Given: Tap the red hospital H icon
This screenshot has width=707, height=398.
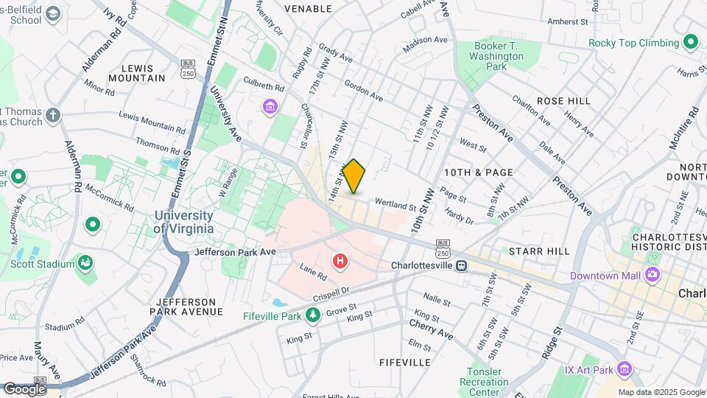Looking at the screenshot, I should pyautogui.click(x=340, y=261).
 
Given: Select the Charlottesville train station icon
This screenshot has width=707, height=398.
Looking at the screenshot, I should pyautogui.click(x=461, y=265).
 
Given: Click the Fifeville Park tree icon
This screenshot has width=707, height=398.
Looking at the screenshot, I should pyautogui.click(x=313, y=315).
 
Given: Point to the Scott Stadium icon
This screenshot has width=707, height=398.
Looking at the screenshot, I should pyautogui.click(x=86, y=264).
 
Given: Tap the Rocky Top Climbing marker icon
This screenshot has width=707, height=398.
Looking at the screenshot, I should pyautogui.click(x=690, y=42).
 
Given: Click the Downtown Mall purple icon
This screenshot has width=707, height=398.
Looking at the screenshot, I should pyautogui.click(x=652, y=276).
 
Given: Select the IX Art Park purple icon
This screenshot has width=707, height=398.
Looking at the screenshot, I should pyautogui.click(x=625, y=368).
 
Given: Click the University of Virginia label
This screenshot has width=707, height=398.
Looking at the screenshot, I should pyautogui.click(x=183, y=222).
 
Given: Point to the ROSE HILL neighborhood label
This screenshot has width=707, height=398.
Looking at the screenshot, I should pyautogui.click(x=563, y=100).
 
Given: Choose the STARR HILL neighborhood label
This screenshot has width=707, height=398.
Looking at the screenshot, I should pyautogui.click(x=544, y=251).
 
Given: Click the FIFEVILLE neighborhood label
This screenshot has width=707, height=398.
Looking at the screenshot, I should pyautogui.click(x=404, y=363).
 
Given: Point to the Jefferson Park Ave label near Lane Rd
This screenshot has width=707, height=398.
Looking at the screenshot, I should pyautogui.click(x=236, y=252).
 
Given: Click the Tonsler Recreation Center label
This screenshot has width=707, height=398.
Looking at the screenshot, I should pyautogui.click(x=484, y=382).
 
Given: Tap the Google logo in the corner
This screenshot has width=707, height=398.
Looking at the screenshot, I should pyautogui.click(x=24, y=388).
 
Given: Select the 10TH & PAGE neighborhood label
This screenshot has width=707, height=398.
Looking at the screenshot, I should pyautogui.click(x=478, y=172).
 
